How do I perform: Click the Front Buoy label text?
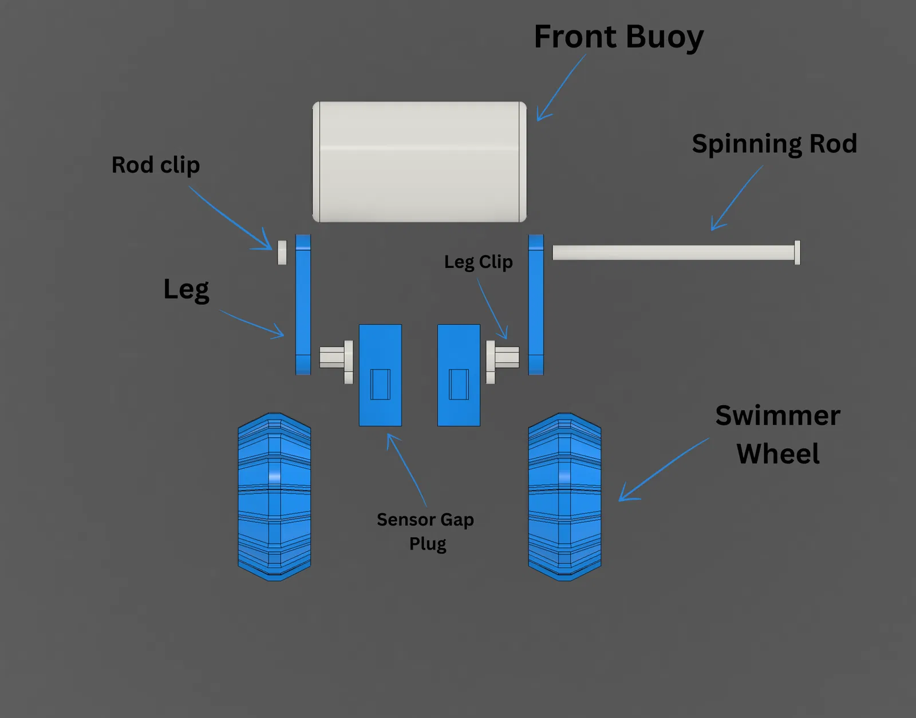pyautogui.click(x=618, y=37)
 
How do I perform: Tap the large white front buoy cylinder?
pyautogui.click(x=419, y=162)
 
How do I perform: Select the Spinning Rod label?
pyautogui.click(x=774, y=144)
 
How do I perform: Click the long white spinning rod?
pyautogui.click(x=673, y=253)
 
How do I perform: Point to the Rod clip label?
pyautogui.click(x=156, y=165)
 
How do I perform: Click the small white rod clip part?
pyautogui.click(x=282, y=252)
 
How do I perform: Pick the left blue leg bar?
pyautogui.click(x=303, y=304)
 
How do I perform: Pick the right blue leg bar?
pyautogui.click(x=536, y=304)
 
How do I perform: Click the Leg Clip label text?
pyautogui.click(x=479, y=262)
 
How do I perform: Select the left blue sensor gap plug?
pyautogui.click(x=380, y=375)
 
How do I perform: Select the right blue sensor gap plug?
pyautogui.click(x=459, y=375)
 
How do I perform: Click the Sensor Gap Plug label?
pyautogui.click(x=426, y=531)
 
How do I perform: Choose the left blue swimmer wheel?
pyautogui.click(x=274, y=496)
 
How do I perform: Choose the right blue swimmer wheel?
pyautogui.click(x=564, y=496)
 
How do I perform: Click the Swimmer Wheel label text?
pyautogui.click(x=777, y=434)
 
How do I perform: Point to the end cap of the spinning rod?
pyautogui.click(x=797, y=253)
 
